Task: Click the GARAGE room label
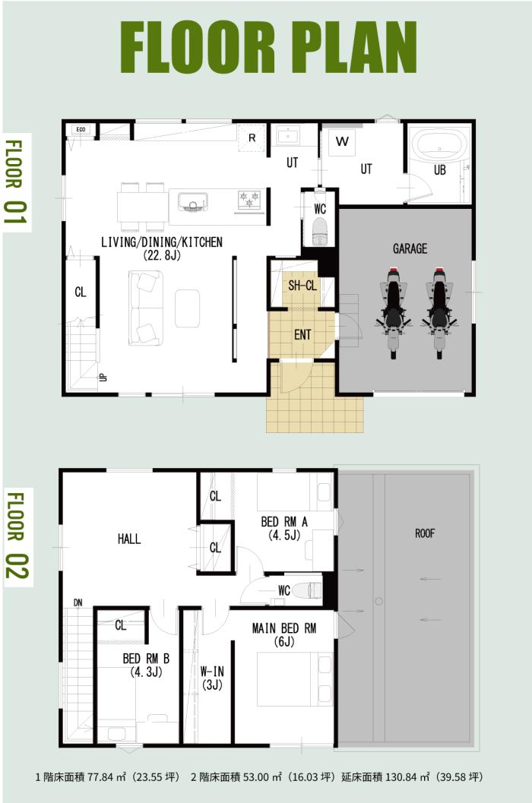click(410, 249)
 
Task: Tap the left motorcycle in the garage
click(393, 312)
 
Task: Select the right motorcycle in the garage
click(439, 312)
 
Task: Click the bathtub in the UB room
click(440, 145)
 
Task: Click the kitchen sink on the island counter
click(193, 202)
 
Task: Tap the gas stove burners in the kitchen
click(249, 200)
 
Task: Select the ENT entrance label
click(302, 335)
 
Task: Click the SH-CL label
click(302, 286)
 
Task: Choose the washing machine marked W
click(342, 141)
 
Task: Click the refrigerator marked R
click(252, 138)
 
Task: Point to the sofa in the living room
click(146, 307)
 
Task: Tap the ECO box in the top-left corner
click(81, 130)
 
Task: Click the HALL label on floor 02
click(128, 539)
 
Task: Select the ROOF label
click(425, 533)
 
